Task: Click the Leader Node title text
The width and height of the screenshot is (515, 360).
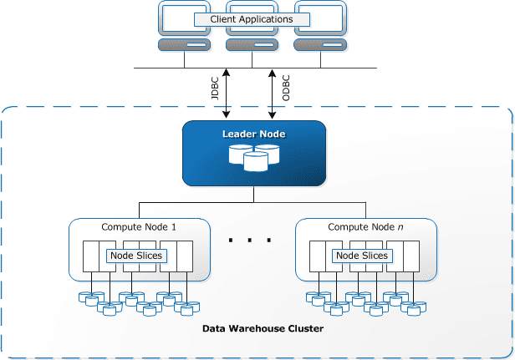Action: click(x=253, y=134)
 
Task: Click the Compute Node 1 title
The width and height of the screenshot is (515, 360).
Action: click(x=138, y=226)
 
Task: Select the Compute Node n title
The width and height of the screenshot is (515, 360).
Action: click(x=365, y=226)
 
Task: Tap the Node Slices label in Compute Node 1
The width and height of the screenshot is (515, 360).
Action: click(x=136, y=256)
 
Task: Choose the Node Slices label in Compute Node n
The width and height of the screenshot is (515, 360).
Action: click(x=362, y=256)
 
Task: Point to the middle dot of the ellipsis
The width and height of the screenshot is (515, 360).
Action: click(x=249, y=241)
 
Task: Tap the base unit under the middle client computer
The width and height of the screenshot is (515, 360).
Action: click(x=251, y=44)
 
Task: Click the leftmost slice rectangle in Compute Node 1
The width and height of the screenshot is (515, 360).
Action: click(x=91, y=256)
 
